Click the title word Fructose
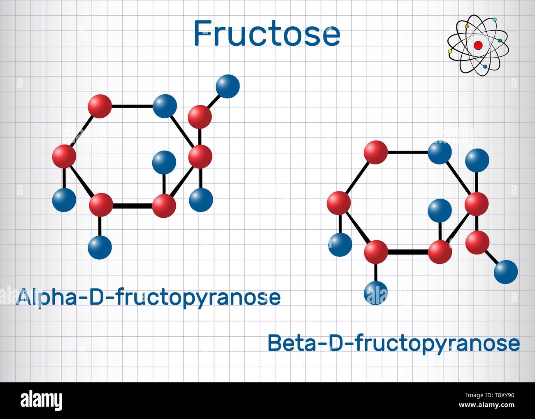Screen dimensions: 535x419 tap(267, 33)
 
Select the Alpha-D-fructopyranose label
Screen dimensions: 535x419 tap(149, 298)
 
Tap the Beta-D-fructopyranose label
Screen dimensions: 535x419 tap(393, 344)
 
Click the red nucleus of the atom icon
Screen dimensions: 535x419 tap(478, 45)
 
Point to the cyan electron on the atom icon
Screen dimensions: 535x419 tap(495, 19)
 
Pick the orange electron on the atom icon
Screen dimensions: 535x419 tap(467, 26)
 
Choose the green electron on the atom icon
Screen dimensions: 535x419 tap(500, 40)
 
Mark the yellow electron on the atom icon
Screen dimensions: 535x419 tap(450, 52)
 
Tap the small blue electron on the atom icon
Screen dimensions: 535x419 tap(485, 66)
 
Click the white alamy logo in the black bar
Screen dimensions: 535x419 tap(42, 400)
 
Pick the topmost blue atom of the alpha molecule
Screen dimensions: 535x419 tap(228, 86)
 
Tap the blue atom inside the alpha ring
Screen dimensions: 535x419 tap(164, 163)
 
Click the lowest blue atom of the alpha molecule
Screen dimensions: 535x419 tap(100, 247)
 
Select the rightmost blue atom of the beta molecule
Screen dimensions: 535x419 tap(506, 272)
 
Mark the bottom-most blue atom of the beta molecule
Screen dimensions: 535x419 tap(376, 293)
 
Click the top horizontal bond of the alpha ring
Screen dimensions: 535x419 tap(132, 106)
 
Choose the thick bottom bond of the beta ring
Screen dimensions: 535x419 tap(408, 252)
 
